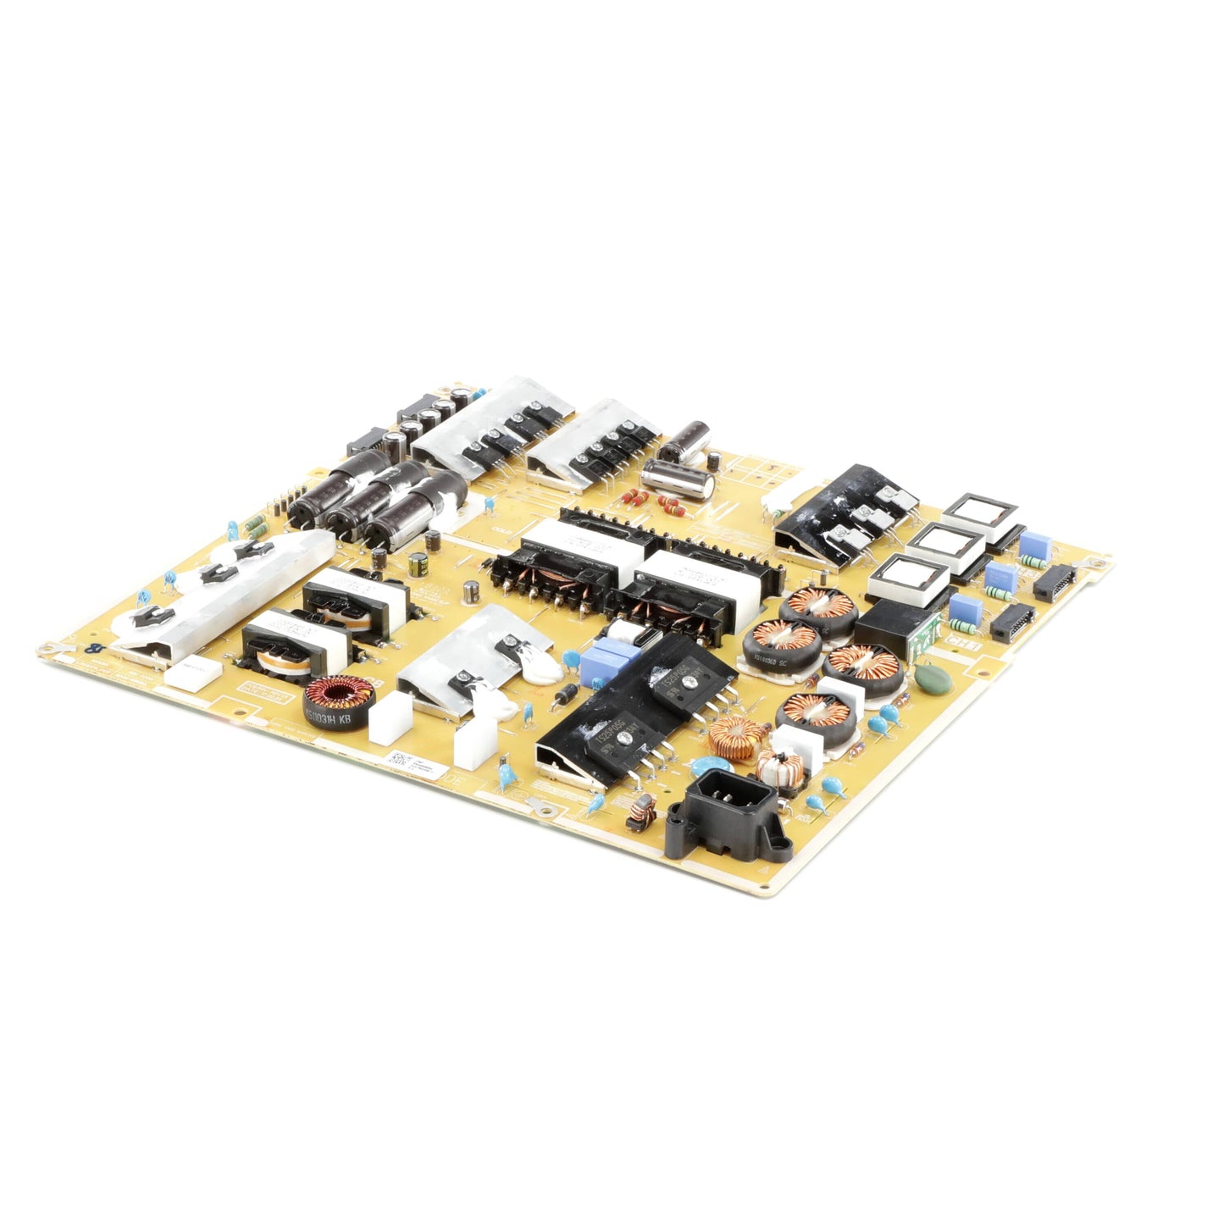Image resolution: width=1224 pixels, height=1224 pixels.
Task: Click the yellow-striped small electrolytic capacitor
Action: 418,565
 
